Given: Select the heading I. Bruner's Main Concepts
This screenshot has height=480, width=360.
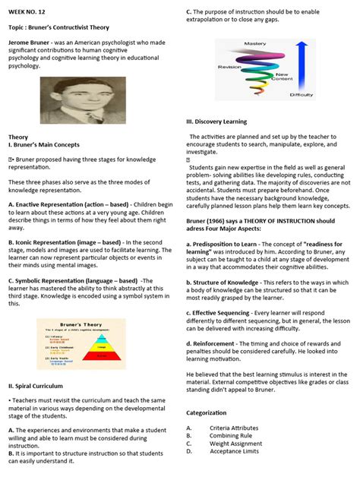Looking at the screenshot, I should click(44, 144).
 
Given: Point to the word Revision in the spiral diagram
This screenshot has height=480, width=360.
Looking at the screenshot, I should click(229, 67).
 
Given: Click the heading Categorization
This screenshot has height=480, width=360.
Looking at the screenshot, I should click(207, 412).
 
